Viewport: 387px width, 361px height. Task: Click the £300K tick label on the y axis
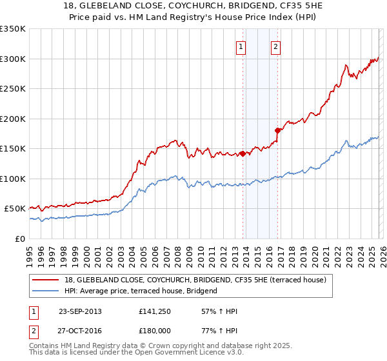pyautogui.click(x=13, y=59)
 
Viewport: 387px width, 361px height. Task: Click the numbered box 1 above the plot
pyautogui.click(x=241, y=46)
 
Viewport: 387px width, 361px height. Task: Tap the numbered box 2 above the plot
pyautogui.click(x=275, y=46)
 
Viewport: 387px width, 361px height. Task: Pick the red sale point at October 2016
pyautogui.click(x=278, y=130)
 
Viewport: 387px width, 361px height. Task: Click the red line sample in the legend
pyautogui.click(x=46, y=280)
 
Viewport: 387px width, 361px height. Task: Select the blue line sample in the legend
pyautogui.click(x=46, y=291)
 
